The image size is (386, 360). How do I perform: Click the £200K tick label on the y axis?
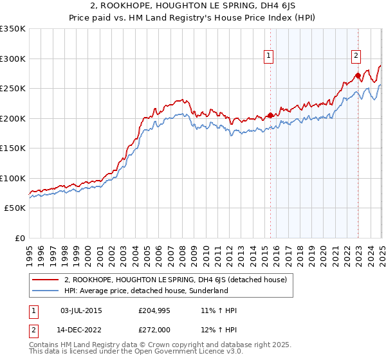(13, 118)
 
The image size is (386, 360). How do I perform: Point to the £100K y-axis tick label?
(13, 178)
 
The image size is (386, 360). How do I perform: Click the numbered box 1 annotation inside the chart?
(268, 57)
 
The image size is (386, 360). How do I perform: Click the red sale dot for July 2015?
(270, 116)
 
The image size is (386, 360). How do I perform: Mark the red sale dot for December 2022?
(358, 76)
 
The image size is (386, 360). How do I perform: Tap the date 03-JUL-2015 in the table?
(81, 310)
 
